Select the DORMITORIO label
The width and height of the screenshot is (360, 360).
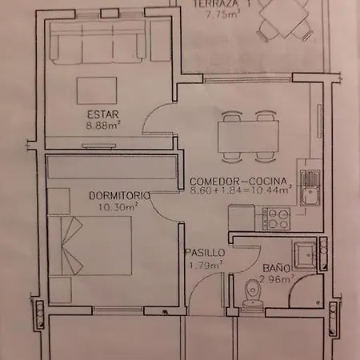click(x=119, y=196)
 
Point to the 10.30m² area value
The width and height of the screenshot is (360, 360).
click(x=118, y=206)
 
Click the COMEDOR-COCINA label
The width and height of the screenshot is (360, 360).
click(x=238, y=182)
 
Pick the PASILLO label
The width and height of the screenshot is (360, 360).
click(x=205, y=252)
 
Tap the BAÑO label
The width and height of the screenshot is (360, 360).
click(x=277, y=268)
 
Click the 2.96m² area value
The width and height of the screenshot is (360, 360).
click(x=277, y=279)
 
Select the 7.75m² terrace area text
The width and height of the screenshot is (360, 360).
click(x=222, y=14)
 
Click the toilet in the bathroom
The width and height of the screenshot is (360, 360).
click(x=252, y=294)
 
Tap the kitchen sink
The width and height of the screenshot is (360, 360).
click(x=310, y=188)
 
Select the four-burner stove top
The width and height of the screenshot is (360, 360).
click(x=276, y=219)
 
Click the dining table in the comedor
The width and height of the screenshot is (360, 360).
click(x=248, y=137)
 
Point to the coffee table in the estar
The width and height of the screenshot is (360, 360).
click(x=97, y=90)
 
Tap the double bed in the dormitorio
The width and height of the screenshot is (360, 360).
click(x=90, y=246)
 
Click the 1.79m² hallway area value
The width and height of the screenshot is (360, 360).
click(x=206, y=266)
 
